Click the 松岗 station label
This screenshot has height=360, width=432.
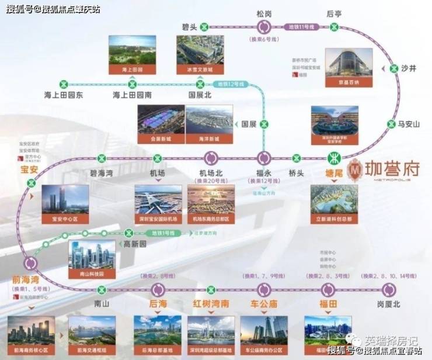(x=264, y=13)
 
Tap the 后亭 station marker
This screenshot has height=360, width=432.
(x=333, y=27)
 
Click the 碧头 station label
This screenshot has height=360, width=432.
(x=191, y=27)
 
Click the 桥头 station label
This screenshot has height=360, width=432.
(x=297, y=174)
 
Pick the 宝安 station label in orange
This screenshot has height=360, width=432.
(x=29, y=170)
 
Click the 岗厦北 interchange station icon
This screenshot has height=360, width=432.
(x=389, y=289)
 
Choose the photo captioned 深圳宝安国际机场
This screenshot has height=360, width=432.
(x=158, y=202)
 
